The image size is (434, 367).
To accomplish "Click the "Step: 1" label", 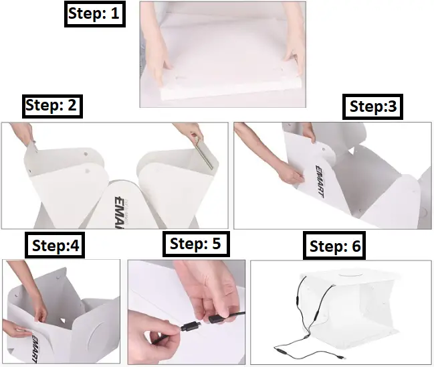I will (x=95, y=14).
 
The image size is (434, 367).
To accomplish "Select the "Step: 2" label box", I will (x=53, y=106).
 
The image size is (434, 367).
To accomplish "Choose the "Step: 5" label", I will (x=195, y=243).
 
